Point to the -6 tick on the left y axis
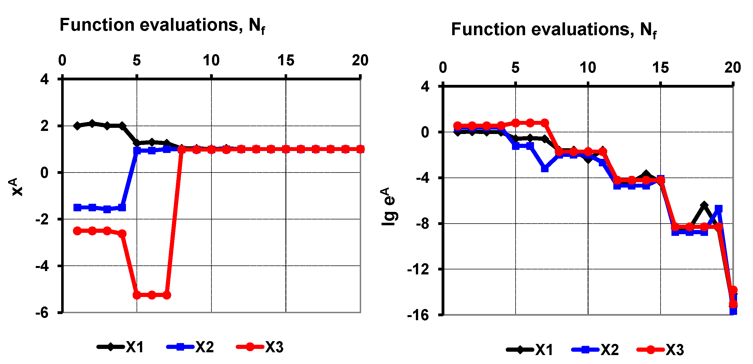[42, 313]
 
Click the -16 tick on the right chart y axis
[418, 315]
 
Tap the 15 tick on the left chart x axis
[286, 61]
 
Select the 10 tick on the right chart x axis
[588, 68]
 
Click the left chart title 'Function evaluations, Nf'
[162, 25]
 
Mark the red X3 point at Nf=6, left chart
[152, 295]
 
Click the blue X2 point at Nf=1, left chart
[77, 207]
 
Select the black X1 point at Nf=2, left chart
[92, 124]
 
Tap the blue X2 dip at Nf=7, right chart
[545, 169]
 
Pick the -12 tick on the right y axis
[418, 269]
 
